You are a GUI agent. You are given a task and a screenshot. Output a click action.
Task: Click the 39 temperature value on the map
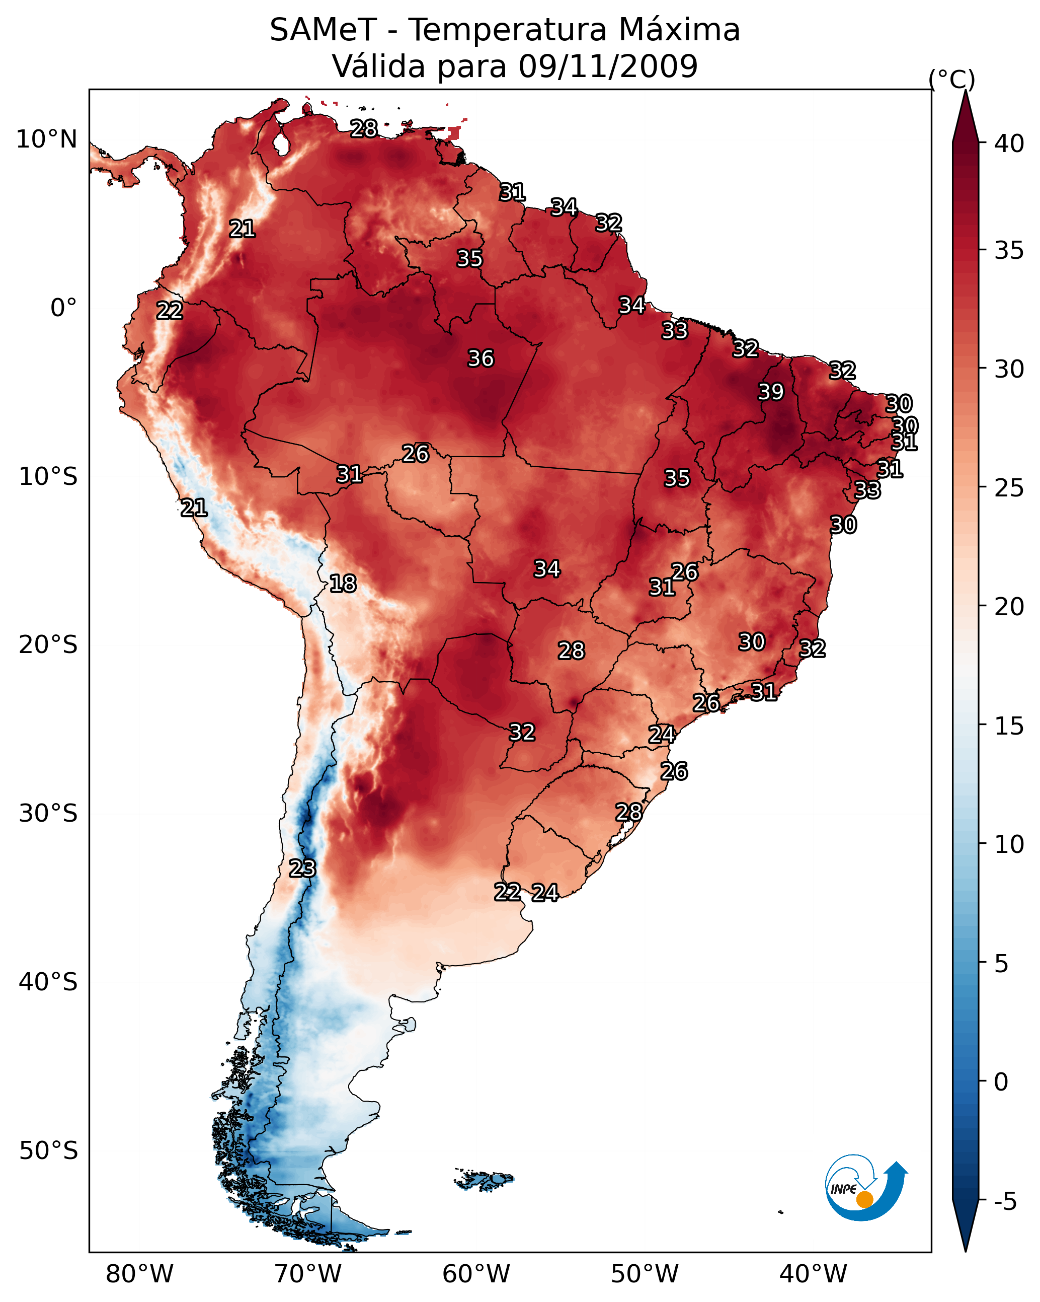tap(771, 392)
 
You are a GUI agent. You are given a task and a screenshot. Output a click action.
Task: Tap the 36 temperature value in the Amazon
tap(481, 358)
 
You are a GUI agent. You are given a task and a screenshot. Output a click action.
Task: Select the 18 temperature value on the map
tap(343, 584)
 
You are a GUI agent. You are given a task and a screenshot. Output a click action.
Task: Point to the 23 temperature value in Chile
tap(302, 869)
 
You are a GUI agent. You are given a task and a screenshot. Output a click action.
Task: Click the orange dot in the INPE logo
tap(864, 1199)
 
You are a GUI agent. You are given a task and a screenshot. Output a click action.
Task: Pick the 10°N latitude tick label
tap(46, 139)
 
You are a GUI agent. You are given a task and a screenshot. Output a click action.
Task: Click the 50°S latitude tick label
tap(48, 1150)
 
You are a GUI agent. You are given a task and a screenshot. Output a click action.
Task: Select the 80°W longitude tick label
tap(139, 1274)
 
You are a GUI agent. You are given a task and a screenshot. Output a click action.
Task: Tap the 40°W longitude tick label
tap(813, 1274)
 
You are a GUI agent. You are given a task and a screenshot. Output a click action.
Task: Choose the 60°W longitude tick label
tap(476, 1274)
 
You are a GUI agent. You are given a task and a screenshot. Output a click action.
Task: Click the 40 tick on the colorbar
tap(1009, 143)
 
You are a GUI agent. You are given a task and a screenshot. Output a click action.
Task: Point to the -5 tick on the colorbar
tap(1004, 1202)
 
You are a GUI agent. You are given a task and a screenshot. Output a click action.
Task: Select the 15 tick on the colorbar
tap(1009, 726)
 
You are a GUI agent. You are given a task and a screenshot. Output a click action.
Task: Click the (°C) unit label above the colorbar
tap(951, 79)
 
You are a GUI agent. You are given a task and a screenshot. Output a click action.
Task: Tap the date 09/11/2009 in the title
tap(608, 66)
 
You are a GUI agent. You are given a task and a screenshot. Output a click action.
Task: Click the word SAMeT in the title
tap(323, 30)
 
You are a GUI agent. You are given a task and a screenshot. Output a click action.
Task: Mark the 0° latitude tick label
tap(63, 308)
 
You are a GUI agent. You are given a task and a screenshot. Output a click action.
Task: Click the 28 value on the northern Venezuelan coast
tap(364, 128)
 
